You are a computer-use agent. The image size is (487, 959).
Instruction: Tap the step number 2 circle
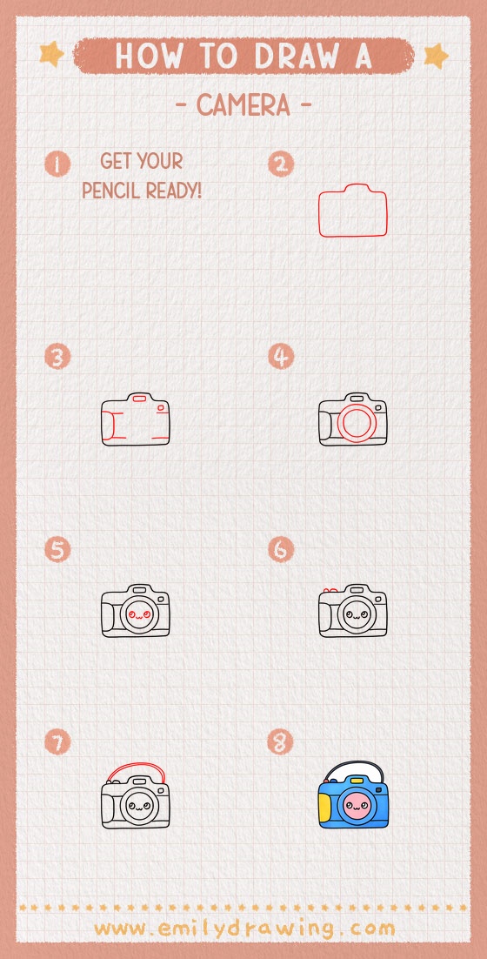pos(281,164)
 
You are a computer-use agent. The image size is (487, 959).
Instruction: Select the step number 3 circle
pos(57,357)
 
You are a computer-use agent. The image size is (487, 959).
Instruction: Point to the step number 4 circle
pos(281,357)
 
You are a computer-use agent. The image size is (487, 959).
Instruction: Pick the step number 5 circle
pos(57,550)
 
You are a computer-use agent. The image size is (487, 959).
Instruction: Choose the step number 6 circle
pos(281,550)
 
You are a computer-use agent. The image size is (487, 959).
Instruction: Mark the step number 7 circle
pos(57,742)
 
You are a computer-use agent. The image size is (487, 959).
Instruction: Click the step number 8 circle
pos(281,742)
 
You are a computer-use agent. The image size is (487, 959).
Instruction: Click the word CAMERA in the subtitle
pos(243,106)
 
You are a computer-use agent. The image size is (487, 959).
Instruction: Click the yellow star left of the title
pos(52,55)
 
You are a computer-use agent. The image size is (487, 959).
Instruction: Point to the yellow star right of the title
pos(436,56)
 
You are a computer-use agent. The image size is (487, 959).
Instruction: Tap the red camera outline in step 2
pos(353,211)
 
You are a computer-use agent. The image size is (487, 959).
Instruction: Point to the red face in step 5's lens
pos(135,615)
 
